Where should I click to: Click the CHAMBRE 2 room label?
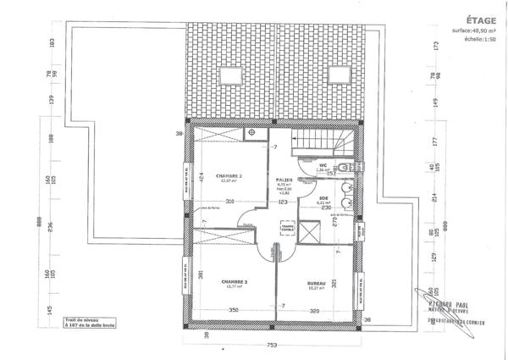pyautogui.click(x=229, y=175)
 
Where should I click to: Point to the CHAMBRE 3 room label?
pyautogui.click(x=234, y=281)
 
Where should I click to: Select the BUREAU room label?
pyautogui.click(x=317, y=281)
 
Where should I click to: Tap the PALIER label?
pyautogui.click(x=284, y=179)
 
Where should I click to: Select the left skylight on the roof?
pyautogui.click(x=227, y=71)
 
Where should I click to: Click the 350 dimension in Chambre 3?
pyautogui.click(x=232, y=311)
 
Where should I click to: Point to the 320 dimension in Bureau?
pyautogui.click(x=315, y=311)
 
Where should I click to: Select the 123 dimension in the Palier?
pyautogui.click(x=284, y=202)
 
